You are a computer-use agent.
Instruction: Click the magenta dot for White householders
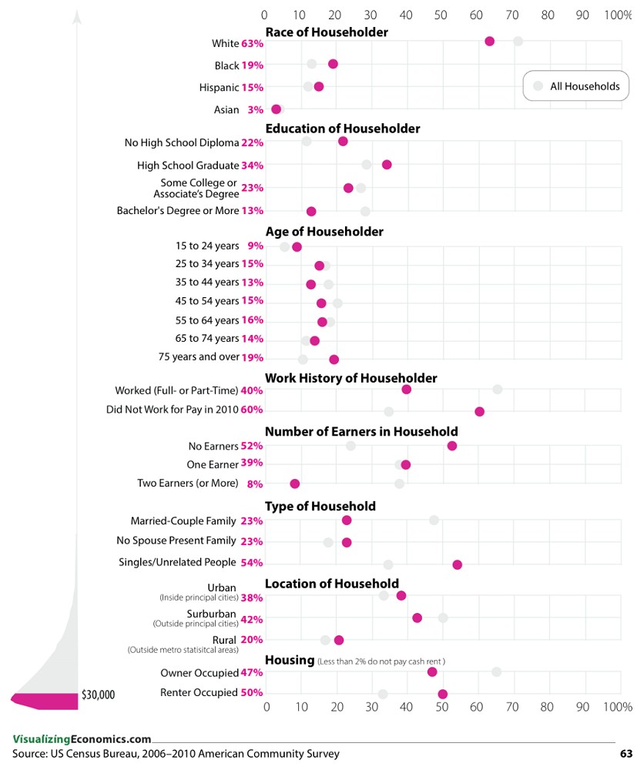(489, 41)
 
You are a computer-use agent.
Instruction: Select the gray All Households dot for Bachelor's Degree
(365, 211)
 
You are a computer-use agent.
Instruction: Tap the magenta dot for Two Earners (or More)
(294, 484)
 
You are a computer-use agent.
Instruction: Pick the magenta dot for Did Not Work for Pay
(479, 412)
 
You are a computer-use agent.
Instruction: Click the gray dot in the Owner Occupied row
(496, 672)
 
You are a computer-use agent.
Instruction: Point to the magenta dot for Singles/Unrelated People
(457, 564)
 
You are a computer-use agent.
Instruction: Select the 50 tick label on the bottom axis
(441, 706)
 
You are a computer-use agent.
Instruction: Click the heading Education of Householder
(343, 129)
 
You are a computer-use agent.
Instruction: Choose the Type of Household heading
(320, 506)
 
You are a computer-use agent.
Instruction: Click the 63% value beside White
(252, 44)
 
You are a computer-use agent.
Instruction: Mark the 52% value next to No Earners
(252, 446)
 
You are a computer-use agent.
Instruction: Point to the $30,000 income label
(98, 695)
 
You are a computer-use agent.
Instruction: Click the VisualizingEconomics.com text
(82, 738)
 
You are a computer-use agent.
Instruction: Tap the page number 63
(625, 754)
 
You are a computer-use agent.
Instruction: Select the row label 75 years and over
(199, 357)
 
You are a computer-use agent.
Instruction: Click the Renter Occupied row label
(199, 692)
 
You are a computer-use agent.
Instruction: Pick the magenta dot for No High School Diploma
(343, 141)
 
